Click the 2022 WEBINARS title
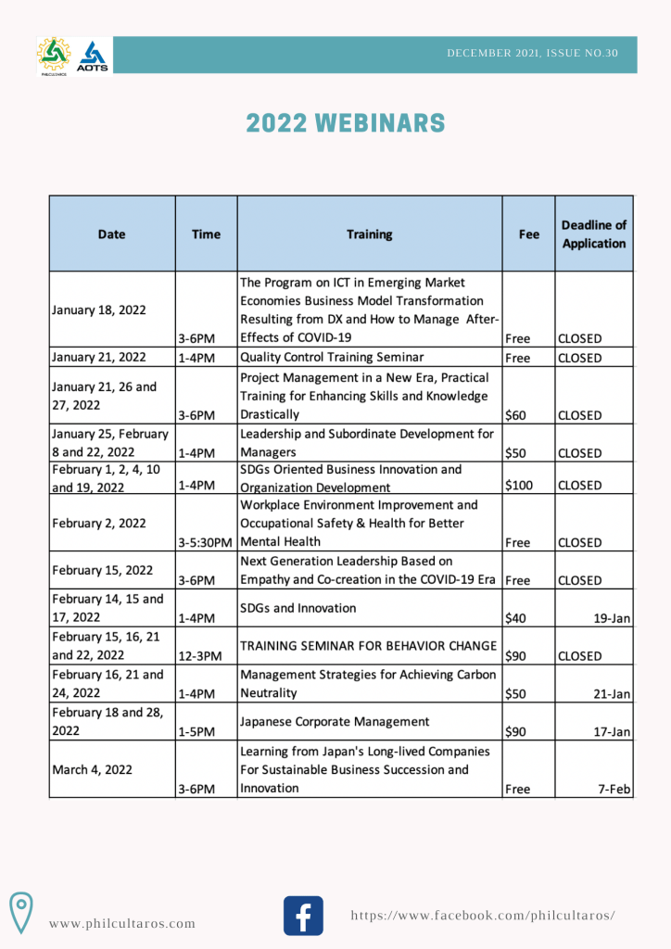tap(346, 123)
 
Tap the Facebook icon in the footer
tap(303, 916)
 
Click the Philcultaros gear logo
tap(54, 56)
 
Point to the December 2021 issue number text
tap(532, 54)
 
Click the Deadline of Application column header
tap(594, 234)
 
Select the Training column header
tap(369, 234)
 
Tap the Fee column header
tap(528, 234)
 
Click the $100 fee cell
tap(519, 485)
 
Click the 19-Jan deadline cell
tap(613, 618)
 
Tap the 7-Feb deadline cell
tap(614, 789)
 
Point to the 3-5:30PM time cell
tap(206, 542)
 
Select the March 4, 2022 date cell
tap(93, 769)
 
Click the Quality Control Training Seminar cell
tap(331, 358)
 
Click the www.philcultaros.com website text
tap(122, 923)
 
